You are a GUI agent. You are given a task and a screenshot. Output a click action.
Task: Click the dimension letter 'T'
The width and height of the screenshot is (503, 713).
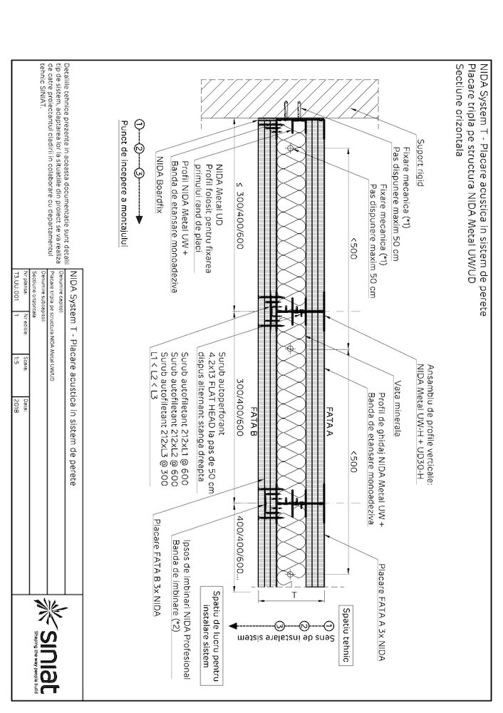[x=292, y=593]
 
